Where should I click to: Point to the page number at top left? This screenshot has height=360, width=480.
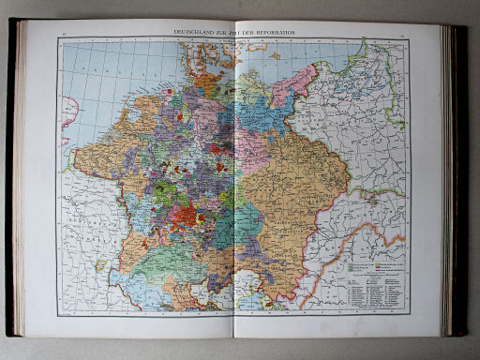tap(62, 34)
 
